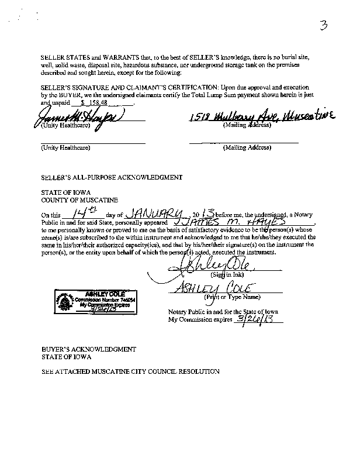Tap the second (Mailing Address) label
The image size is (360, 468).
click(247, 148)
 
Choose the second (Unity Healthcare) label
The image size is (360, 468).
click(65, 148)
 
